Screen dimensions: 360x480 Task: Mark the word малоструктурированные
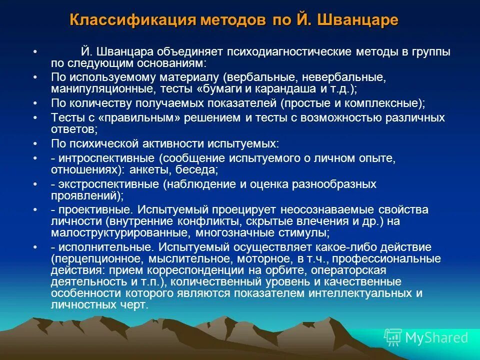coord(119,232)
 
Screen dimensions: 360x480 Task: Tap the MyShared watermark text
coord(436,337)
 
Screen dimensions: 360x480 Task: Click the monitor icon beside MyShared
coord(393,337)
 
